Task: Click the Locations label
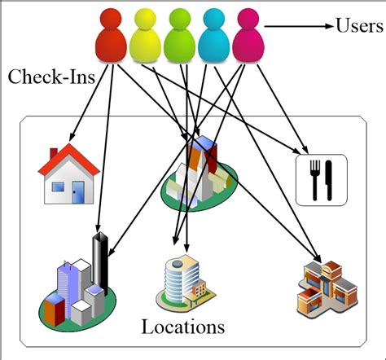182,328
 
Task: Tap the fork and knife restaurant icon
320,179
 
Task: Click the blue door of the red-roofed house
78,191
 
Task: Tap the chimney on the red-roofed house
54,152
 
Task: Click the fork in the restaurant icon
312,179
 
